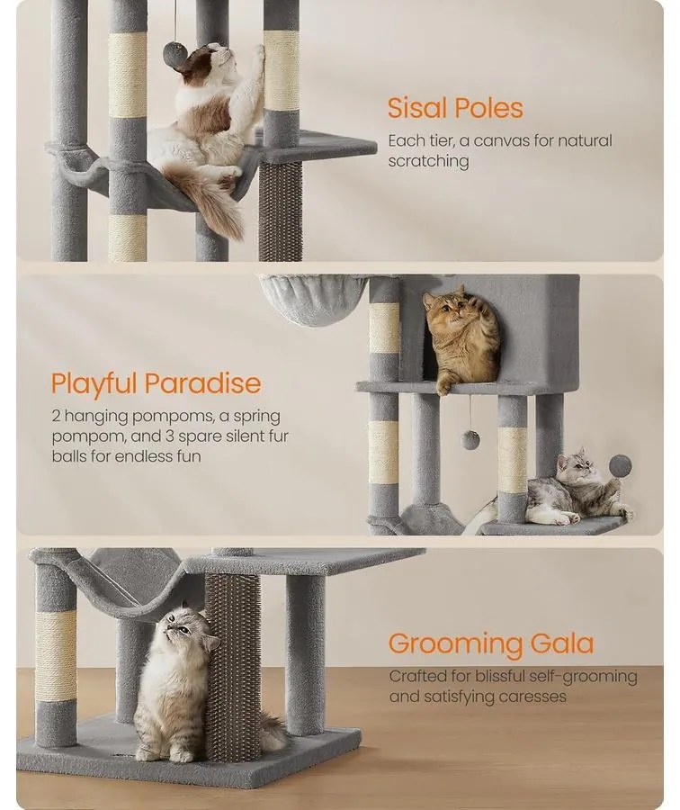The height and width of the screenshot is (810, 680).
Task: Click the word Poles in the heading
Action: point(489,109)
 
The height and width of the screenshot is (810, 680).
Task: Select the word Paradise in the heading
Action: point(202,383)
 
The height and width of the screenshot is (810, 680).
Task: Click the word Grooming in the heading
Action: point(455,644)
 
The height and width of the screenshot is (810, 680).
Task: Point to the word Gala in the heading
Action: point(562,643)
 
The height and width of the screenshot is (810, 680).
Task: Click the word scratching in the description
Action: point(428,161)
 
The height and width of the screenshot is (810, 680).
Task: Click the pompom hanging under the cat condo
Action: point(470,439)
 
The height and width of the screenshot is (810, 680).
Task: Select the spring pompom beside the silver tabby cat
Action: point(620,466)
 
